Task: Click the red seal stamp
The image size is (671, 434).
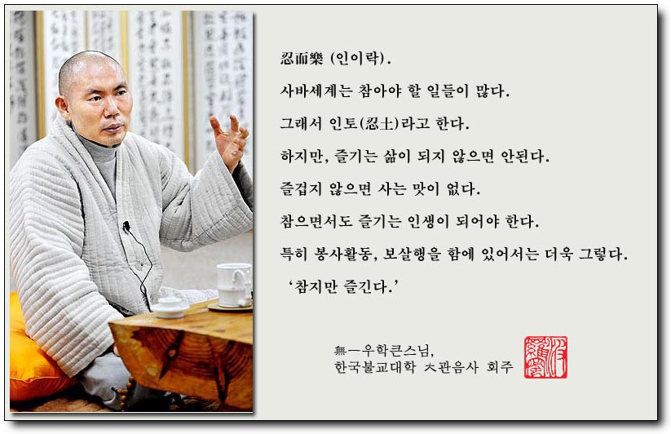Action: click(545, 357)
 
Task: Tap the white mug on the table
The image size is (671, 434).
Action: click(234, 285)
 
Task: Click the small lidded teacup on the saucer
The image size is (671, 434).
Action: click(170, 308)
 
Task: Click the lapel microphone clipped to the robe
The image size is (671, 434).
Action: click(126, 226)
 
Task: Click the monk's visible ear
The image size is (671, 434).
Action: click(64, 108)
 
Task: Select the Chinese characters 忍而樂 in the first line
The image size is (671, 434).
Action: click(302, 58)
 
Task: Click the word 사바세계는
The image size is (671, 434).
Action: click(316, 91)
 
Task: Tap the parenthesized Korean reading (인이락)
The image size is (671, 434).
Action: click(358, 58)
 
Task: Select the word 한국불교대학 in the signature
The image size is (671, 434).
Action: click(375, 367)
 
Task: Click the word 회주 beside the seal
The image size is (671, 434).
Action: click(500, 367)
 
